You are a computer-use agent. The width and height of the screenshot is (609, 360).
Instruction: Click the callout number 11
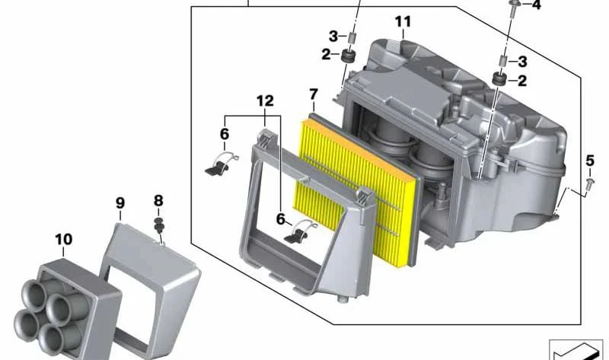pos(403,22)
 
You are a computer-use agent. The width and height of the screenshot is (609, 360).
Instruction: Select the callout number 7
pos(314,94)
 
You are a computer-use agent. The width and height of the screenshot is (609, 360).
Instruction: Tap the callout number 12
pos(265,101)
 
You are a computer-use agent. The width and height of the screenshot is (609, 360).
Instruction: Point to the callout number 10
pos(64,239)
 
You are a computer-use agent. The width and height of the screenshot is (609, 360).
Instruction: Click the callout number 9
pos(120,202)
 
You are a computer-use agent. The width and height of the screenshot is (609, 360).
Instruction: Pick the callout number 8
pos(158,201)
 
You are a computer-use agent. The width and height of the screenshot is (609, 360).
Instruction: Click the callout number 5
pos(590,160)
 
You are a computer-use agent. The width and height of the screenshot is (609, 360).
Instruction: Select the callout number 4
pos(536,5)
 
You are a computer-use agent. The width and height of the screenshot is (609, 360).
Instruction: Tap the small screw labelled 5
pos(590,183)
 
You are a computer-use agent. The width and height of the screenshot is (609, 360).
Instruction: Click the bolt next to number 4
pos(513,7)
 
